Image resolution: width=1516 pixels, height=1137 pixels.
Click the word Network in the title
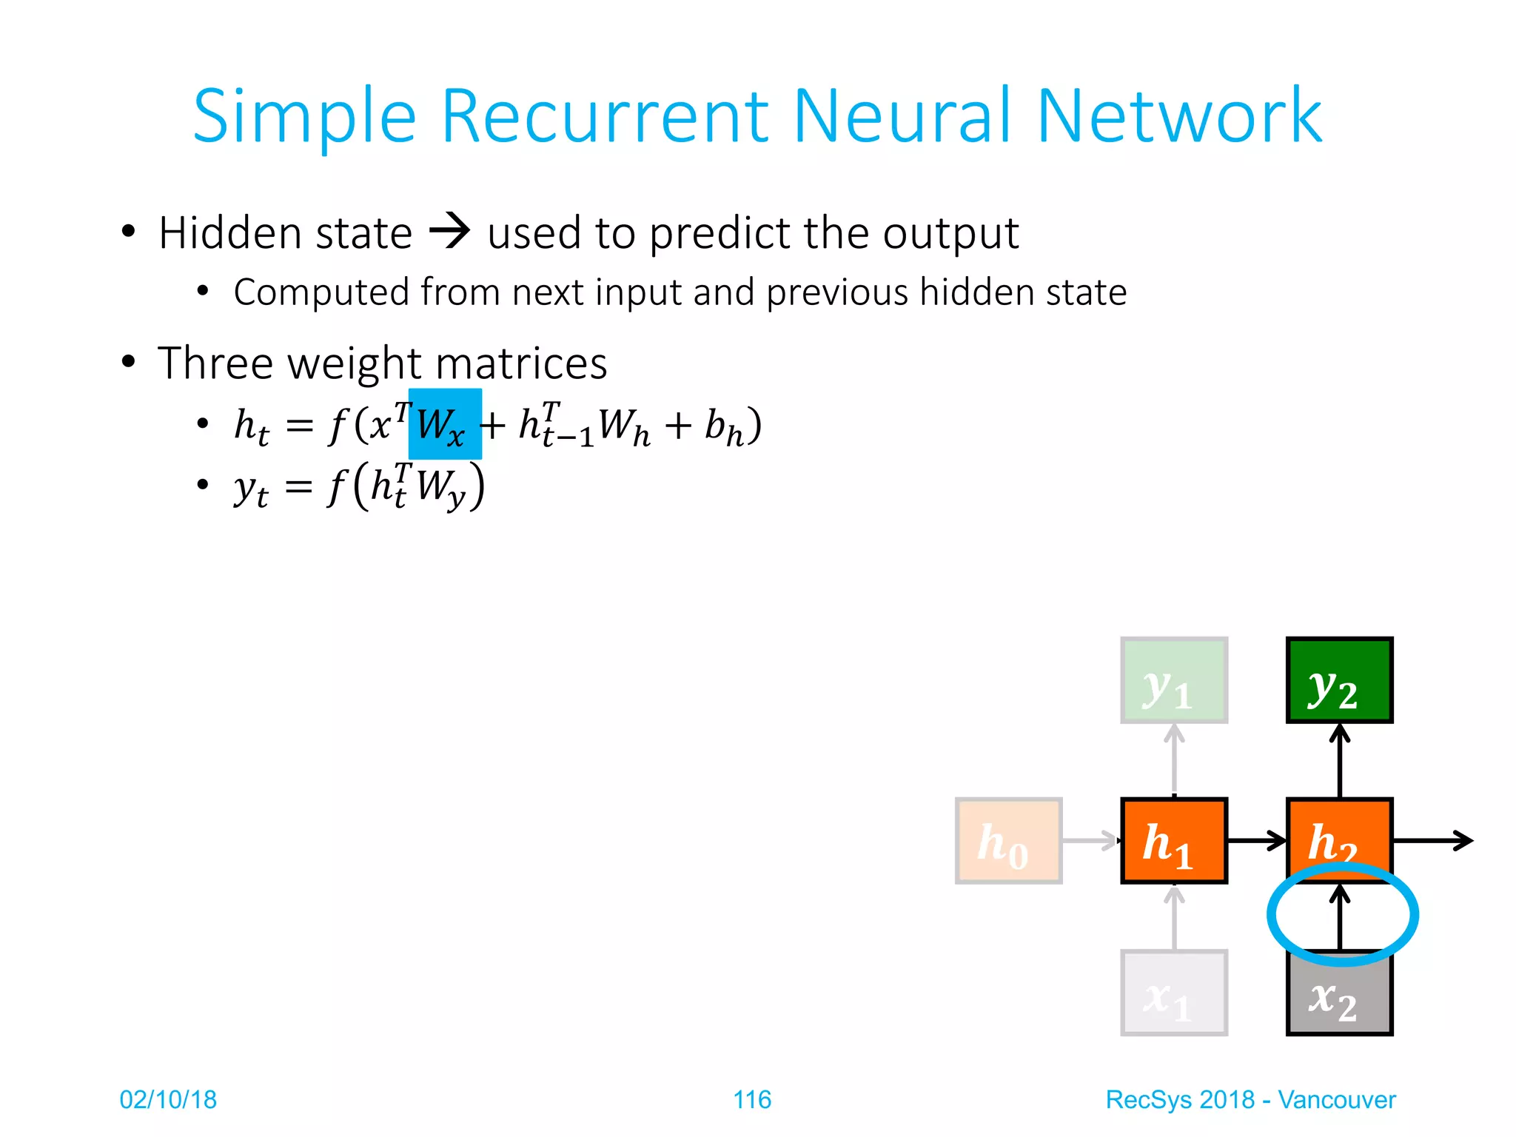(x=1178, y=117)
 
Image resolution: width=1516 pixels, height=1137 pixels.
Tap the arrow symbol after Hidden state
(x=449, y=231)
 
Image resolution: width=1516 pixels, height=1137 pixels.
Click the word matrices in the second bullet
(x=521, y=363)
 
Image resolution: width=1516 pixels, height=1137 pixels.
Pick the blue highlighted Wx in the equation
(x=444, y=424)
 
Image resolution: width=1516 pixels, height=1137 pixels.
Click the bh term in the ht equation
(x=724, y=427)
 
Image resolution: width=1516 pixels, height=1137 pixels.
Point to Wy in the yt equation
(x=439, y=488)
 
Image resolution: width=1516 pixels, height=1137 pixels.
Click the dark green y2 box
(x=1339, y=680)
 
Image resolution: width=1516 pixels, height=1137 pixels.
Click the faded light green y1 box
(x=1174, y=680)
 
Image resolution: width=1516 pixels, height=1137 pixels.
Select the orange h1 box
(x=1174, y=840)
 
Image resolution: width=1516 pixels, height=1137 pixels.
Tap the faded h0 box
(x=1008, y=840)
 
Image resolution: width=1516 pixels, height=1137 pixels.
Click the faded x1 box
(x=1174, y=993)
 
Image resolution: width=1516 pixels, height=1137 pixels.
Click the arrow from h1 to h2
(x=1256, y=840)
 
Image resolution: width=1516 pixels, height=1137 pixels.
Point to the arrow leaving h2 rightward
(x=1432, y=840)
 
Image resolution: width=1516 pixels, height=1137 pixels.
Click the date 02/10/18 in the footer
(x=168, y=1099)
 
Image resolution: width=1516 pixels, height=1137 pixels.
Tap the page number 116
(x=751, y=1099)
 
